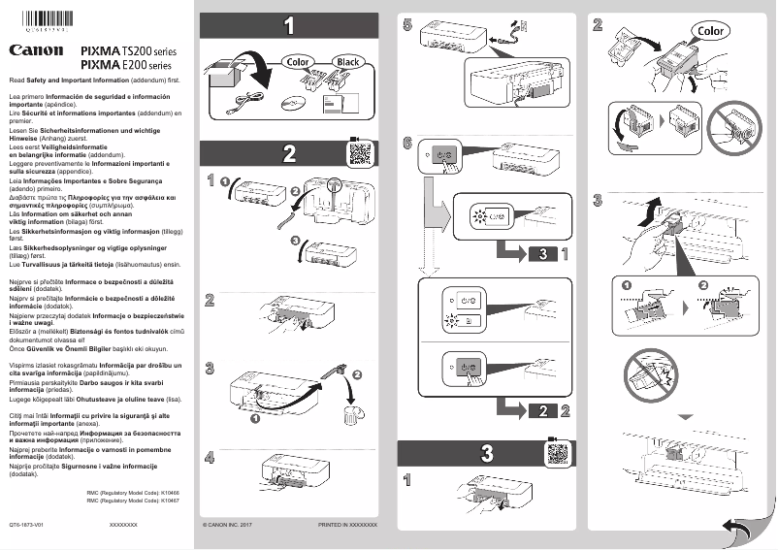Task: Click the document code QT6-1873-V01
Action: pos(26,524)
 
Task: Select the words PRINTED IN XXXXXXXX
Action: pos(346,524)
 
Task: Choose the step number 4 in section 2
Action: pos(211,457)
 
